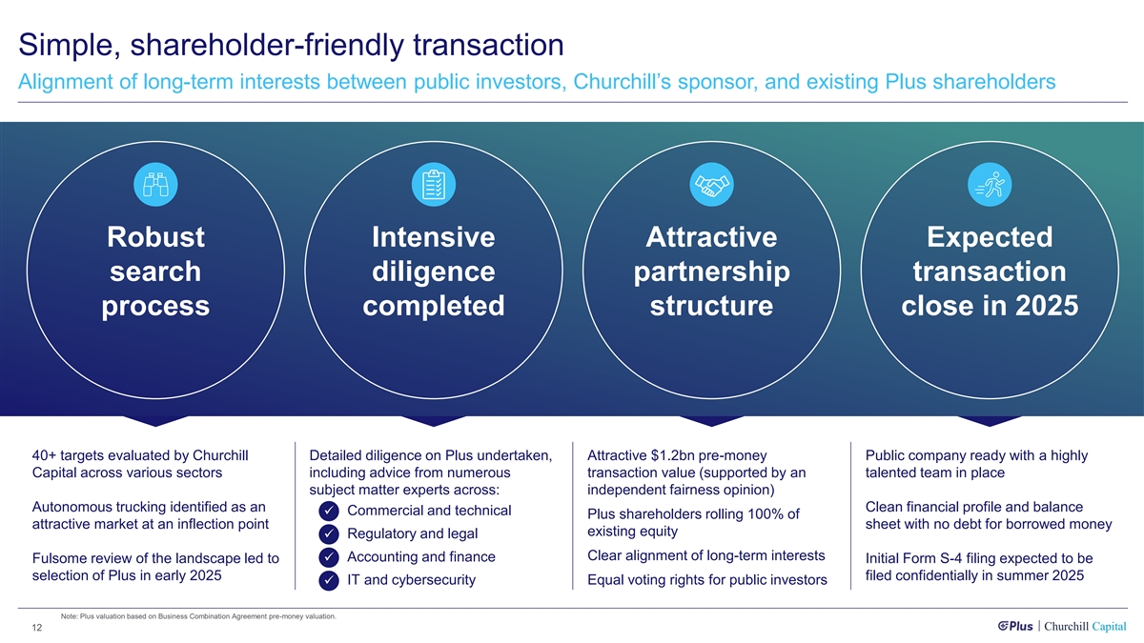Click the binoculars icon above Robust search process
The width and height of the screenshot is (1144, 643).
pyautogui.click(x=155, y=183)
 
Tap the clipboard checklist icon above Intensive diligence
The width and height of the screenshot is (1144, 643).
pyautogui.click(x=433, y=183)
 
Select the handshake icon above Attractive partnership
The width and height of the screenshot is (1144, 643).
pyautogui.click(x=710, y=183)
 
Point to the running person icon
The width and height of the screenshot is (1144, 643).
pyautogui.click(x=988, y=183)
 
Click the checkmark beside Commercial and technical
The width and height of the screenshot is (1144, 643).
pyautogui.click(x=327, y=512)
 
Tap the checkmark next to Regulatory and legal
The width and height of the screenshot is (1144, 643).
pyautogui.click(x=327, y=534)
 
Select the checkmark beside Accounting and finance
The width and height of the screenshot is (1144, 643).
pyautogui.click(x=327, y=557)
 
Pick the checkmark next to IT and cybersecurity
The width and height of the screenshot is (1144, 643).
pyautogui.click(x=327, y=581)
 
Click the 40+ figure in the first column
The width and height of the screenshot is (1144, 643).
pyautogui.click(x=44, y=455)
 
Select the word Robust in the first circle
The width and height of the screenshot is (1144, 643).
pyautogui.click(x=155, y=237)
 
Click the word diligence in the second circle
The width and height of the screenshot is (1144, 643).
pyautogui.click(x=433, y=272)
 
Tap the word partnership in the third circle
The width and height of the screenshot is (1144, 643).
pyautogui.click(x=711, y=272)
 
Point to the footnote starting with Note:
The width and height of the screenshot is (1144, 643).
pyautogui.click(x=197, y=616)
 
